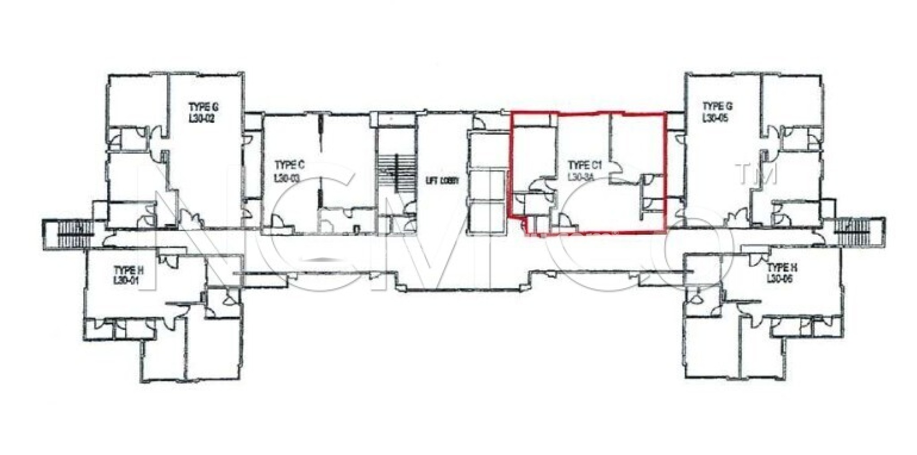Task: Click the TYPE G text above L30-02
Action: point(203,108)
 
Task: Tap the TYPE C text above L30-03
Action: point(290,166)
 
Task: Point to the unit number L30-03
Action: point(287,178)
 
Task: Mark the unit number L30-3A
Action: point(581,177)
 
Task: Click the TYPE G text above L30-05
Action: point(717,107)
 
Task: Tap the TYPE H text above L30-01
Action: point(129,270)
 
